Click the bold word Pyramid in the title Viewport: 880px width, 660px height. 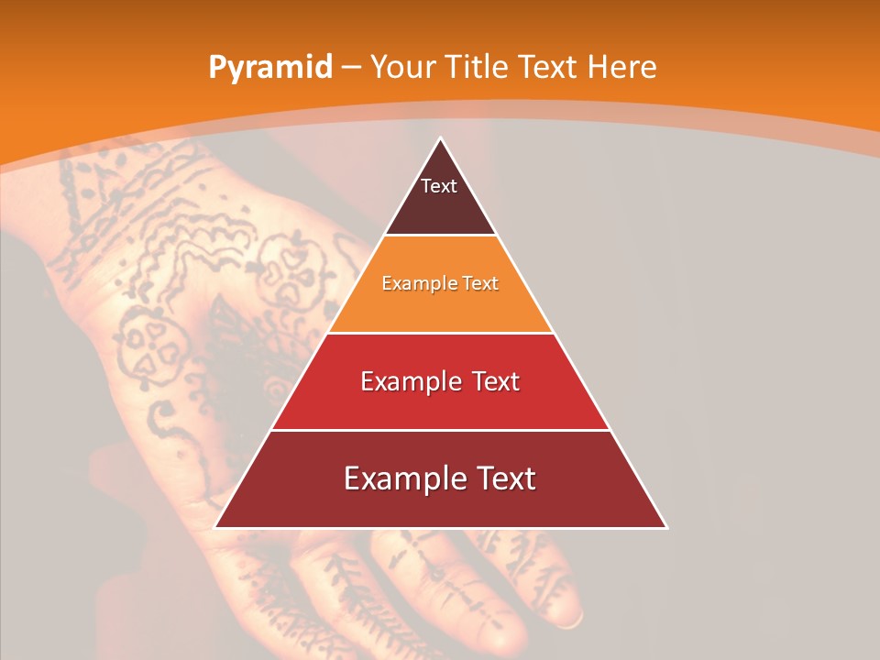269,68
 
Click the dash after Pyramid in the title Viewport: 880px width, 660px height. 350,68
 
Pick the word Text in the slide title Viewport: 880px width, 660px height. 549,67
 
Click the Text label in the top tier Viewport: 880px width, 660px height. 439,186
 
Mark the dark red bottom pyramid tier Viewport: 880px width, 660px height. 440,504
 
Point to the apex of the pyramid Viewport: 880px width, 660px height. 441,139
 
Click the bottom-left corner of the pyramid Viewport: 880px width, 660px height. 216,527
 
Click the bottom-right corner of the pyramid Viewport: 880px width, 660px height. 665,527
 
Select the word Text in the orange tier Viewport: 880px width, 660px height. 481,283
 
